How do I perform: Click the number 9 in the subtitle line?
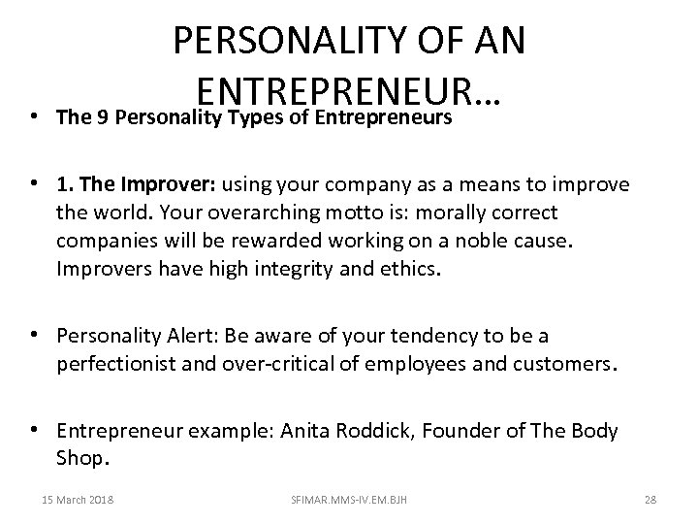(96, 117)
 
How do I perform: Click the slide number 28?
(650, 500)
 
